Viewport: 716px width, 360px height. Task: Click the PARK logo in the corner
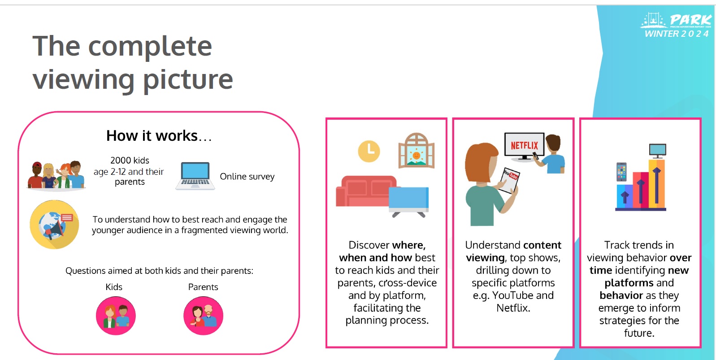[676, 21]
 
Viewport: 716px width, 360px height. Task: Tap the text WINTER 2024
[677, 34]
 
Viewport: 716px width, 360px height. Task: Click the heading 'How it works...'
[159, 135]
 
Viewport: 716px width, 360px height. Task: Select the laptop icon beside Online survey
[195, 176]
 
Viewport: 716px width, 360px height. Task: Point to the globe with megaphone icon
[54, 225]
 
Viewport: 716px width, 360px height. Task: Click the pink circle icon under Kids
[116, 316]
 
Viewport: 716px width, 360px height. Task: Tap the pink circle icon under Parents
[203, 316]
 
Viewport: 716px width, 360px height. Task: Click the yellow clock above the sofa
[369, 151]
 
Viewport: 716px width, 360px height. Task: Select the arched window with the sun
[416, 151]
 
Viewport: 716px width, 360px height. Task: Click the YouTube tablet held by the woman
[509, 180]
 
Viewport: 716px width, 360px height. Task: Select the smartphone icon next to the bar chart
[621, 172]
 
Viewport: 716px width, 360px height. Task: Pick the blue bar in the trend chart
[625, 197]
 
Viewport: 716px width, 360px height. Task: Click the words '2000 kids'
[130, 160]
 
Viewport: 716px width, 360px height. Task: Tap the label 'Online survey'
[247, 177]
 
